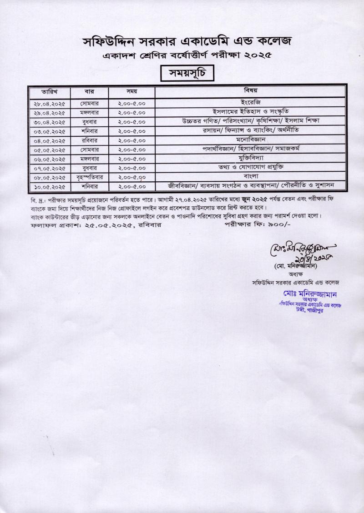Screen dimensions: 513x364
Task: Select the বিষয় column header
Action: pos(251,90)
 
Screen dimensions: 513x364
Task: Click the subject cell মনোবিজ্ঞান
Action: pos(251,139)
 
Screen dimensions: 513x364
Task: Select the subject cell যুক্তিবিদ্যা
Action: pos(251,158)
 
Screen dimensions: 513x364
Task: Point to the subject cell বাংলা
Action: pos(251,176)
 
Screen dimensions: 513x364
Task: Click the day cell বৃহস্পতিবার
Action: pos(90,178)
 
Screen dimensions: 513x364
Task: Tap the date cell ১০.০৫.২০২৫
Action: pos(50,187)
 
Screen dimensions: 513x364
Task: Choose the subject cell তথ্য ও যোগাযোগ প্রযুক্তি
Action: pos(251,167)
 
